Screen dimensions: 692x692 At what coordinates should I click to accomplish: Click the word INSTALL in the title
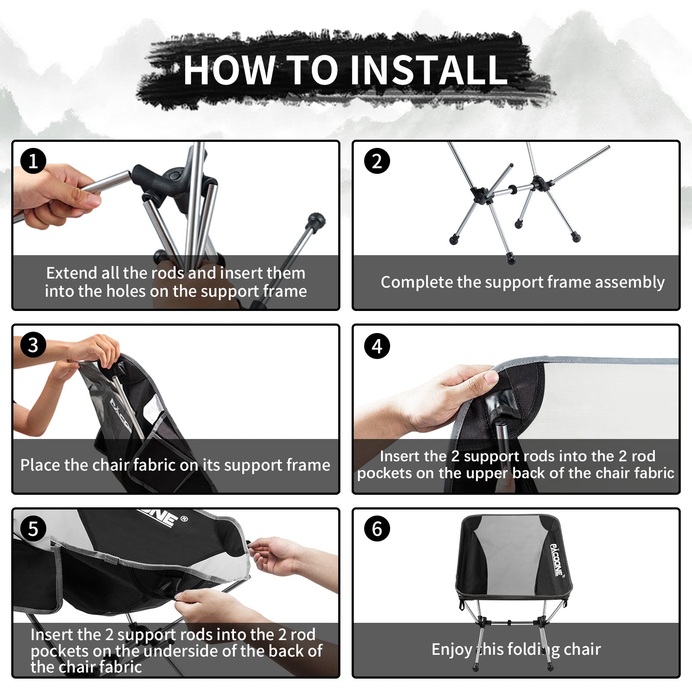428,70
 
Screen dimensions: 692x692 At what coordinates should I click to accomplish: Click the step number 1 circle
33,161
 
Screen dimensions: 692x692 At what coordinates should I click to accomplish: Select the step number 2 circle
377,161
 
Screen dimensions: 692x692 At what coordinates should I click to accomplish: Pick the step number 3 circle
33,345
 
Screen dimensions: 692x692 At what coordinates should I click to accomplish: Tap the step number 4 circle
377,346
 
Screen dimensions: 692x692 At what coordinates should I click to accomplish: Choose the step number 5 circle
33,529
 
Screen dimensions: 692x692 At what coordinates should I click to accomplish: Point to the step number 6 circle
377,529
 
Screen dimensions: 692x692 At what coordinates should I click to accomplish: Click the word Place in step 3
40,465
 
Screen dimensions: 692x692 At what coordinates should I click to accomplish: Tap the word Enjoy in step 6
452,650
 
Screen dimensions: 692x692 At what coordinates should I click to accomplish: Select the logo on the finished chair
557,560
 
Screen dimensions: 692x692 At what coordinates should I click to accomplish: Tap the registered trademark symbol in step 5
184,519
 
